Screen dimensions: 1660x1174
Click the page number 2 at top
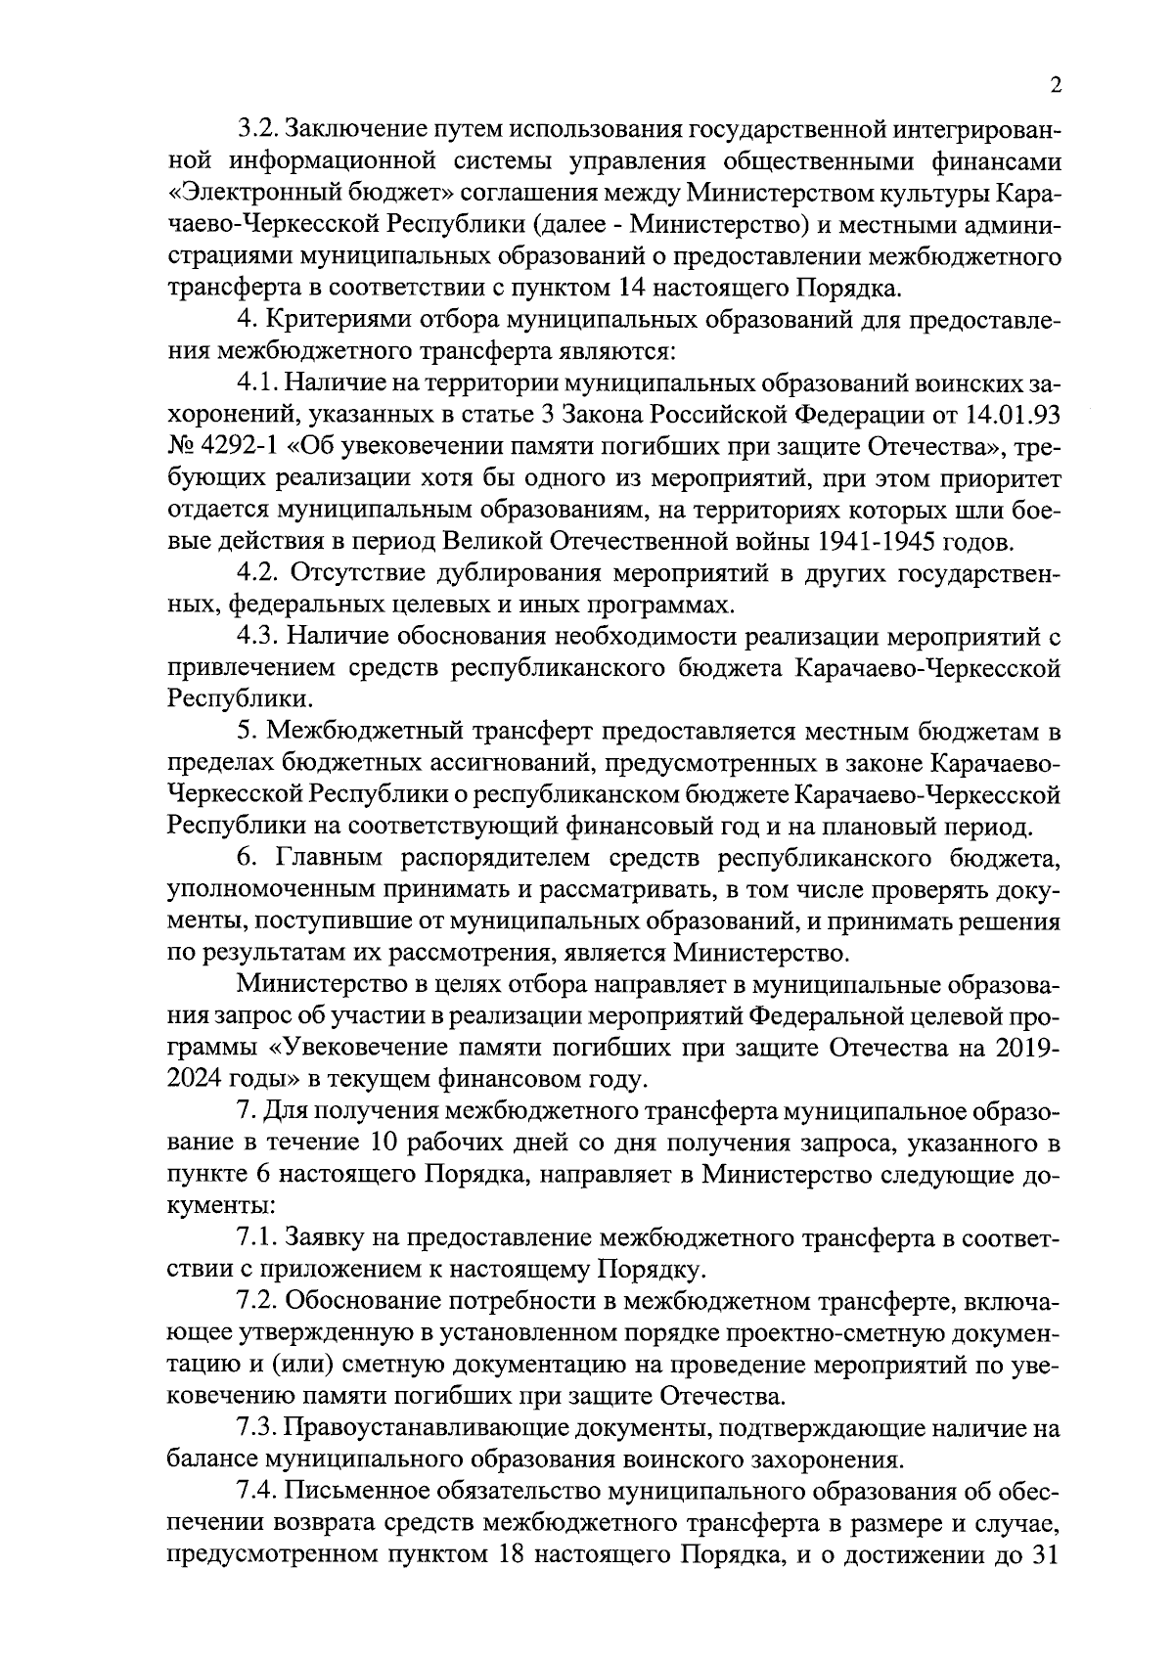tap(1055, 86)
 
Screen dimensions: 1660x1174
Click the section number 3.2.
tap(259, 130)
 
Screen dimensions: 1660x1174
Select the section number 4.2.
tap(258, 572)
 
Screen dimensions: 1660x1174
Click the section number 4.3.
tap(258, 637)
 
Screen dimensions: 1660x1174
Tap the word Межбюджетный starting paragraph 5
tap(363, 731)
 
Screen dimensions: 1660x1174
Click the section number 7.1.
tap(258, 1237)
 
